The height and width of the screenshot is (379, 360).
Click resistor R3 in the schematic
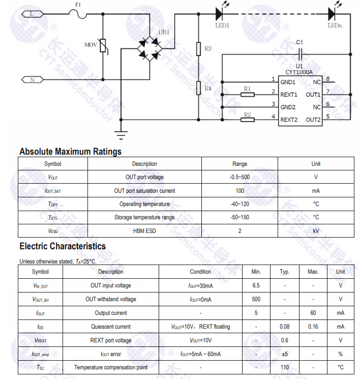tap(199, 49)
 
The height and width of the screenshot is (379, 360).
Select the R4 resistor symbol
tap(199, 88)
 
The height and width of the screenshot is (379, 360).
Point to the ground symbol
tap(121, 135)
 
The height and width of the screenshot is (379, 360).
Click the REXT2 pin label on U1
tap(289, 120)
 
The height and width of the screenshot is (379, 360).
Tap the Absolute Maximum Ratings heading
tap(70, 152)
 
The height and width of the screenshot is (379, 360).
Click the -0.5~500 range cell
tap(239, 177)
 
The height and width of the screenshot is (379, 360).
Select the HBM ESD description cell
tap(144, 230)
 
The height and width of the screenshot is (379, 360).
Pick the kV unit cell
tap(316, 230)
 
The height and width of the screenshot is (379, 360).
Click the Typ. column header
tap(285, 272)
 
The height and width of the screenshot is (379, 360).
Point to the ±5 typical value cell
tap(285, 354)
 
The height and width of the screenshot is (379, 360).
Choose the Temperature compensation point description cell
tap(111, 367)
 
